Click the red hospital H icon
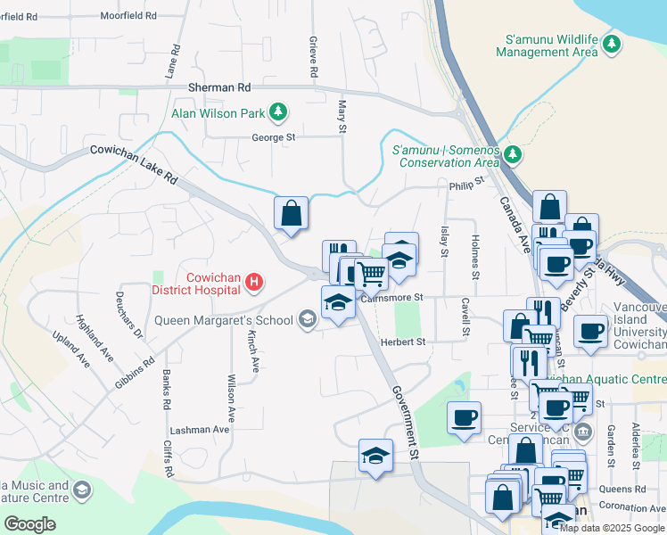(254, 283)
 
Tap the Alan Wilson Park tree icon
(280, 112)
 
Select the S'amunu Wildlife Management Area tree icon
(612, 43)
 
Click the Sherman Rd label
(219, 87)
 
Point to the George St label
(273, 137)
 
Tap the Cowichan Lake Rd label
(135, 164)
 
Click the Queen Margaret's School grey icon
(307, 320)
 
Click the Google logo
(29, 523)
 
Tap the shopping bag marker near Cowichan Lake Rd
(291, 214)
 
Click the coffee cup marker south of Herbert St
(464, 417)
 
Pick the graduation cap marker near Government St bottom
(375, 456)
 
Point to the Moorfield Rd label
(128, 16)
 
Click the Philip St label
(465, 184)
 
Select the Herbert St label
(404, 342)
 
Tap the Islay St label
(444, 241)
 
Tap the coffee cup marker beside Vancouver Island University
(590, 331)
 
